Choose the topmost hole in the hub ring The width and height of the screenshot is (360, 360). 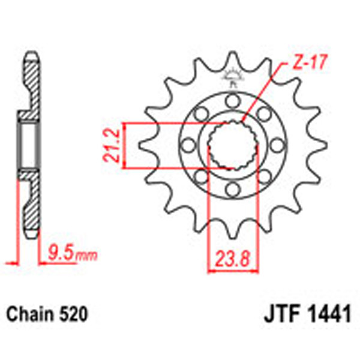click(231, 100)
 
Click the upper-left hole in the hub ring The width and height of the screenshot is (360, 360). click(199, 113)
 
